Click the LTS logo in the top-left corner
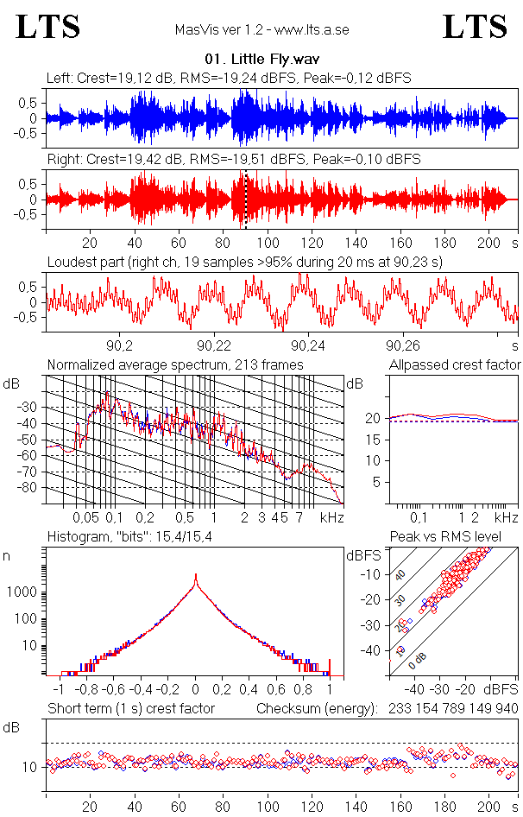tap(48, 27)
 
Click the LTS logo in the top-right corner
tap(475, 27)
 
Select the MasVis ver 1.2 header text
tap(261, 30)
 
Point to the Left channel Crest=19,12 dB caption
tap(229, 78)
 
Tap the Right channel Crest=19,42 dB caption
tap(233, 160)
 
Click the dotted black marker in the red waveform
tap(246, 199)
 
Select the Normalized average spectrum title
tap(174, 365)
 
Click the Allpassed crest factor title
tap(455, 365)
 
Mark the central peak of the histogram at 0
tap(196, 577)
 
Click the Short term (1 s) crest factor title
tap(130, 709)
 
